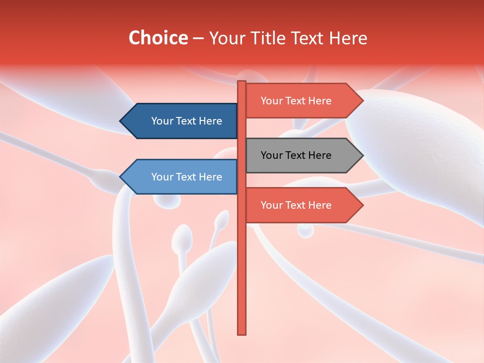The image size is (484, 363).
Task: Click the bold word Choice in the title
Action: coord(158,38)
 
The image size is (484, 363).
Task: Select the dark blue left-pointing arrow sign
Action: coord(179,121)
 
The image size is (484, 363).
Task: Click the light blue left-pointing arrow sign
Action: coord(179,177)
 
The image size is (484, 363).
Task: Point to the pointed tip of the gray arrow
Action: coord(362,155)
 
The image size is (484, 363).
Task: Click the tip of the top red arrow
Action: coord(362,101)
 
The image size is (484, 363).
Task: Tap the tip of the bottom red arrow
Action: coord(362,205)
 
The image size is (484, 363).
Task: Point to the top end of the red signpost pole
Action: coord(242,82)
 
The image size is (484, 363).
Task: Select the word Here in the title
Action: coord(347,38)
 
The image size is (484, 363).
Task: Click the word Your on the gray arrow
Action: coord(271,155)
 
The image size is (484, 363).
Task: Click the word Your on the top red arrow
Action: coord(271,101)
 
